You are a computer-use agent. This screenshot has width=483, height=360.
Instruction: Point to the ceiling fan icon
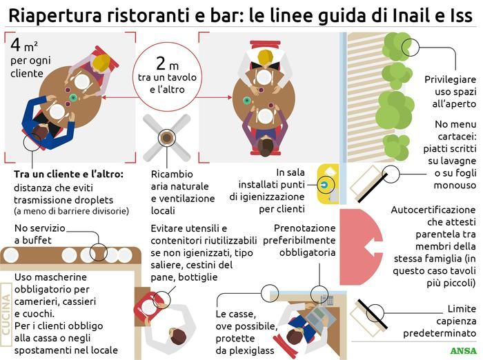tap(166, 139)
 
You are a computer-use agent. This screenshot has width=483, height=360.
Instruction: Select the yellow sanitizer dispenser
tap(328, 183)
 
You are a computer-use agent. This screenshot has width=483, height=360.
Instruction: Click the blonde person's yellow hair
tap(101, 63)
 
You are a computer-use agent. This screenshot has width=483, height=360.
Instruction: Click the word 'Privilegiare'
tap(450, 79)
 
